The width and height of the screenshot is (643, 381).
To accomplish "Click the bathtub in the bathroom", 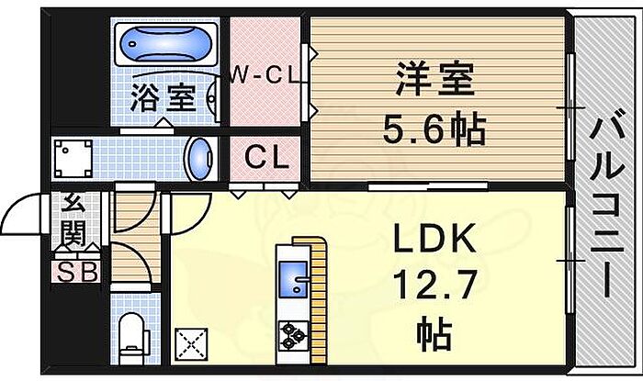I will (x=166, y=44).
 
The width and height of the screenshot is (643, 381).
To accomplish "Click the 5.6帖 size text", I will (x=436, y=130).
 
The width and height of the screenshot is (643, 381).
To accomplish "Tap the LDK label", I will (x=435, y=241).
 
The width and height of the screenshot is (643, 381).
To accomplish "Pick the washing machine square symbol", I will (x=73, y=159).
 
